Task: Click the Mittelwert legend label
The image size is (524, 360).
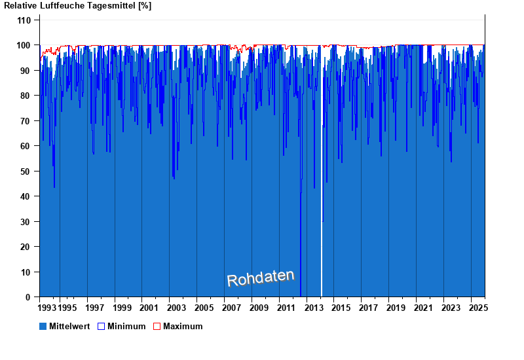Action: point(69,326)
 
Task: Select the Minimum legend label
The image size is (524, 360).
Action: point(126,326)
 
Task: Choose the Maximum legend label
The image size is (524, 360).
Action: point(183,326)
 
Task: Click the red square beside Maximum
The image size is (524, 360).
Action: point(157,326)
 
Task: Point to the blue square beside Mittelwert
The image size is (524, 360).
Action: point(43,326)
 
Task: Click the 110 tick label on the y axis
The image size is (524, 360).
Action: point(24,20)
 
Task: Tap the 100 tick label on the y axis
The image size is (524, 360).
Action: point(24,45)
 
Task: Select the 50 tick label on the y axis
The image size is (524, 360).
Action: point(26,171)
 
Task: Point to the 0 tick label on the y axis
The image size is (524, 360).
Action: point(29,297)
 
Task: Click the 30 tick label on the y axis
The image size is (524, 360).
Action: point(26,222)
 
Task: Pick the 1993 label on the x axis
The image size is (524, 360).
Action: point(47,308)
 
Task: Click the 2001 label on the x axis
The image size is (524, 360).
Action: point(149,308)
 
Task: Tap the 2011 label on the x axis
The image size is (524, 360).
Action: point(286,308)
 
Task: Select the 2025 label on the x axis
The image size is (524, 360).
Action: point(477,308)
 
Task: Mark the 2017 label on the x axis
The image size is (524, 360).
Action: point(368,308)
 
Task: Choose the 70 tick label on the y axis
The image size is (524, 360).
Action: point(26,121)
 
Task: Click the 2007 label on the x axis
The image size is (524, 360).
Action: point(231,308)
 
